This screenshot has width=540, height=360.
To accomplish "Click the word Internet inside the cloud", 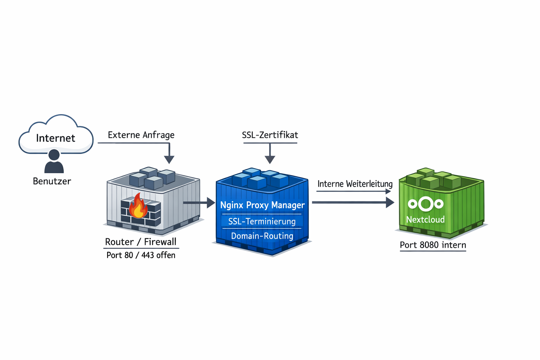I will click(56, 138).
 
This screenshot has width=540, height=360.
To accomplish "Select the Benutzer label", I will click(52, 181).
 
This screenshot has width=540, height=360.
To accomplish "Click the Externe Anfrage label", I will click(141, 135).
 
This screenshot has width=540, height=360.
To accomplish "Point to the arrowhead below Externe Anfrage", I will click(169, 159).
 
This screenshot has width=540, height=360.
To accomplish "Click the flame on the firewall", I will click(138, 207).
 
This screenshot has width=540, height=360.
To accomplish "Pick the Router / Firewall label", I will click(141, 242).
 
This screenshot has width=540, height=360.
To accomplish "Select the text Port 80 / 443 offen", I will click(141, 255).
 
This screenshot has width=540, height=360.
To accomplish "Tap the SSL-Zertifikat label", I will click(270, 135).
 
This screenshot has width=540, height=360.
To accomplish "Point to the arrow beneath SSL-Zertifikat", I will click(270, 158).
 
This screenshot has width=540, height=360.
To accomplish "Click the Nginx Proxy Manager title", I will click(262, 205).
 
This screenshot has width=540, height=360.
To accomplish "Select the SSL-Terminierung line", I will click(262, 221).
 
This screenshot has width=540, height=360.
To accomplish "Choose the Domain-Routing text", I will click(262, 236).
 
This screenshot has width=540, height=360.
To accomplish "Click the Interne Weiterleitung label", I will click(355, 184).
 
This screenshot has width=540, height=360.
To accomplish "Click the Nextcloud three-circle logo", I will click(425, 204).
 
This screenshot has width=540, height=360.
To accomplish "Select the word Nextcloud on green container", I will click(425, 220).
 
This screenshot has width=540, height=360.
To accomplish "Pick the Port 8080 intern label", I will click(433, 245).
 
